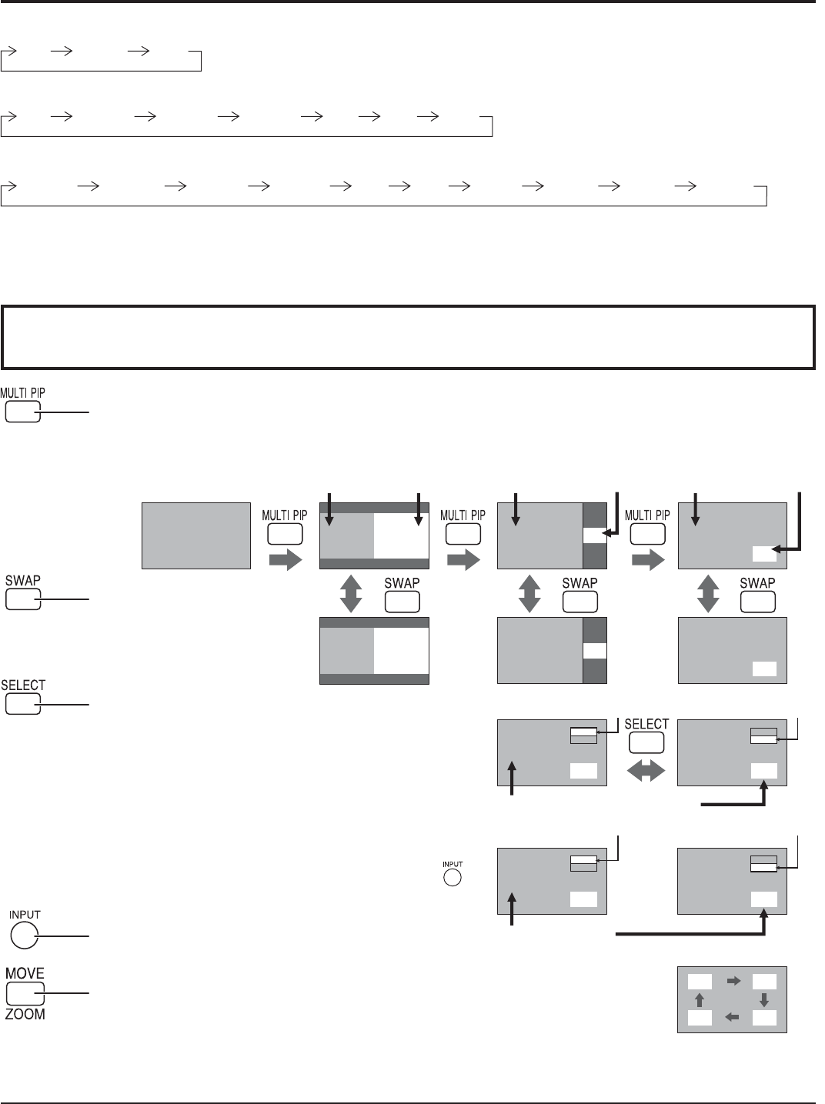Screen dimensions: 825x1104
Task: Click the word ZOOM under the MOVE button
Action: click(x=25, y=1013)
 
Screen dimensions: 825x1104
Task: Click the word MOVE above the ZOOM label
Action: click(x=25, y=974)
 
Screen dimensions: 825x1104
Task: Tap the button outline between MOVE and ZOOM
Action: click(x=25, y=993)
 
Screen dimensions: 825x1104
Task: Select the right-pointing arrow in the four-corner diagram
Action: click(x=734, y=981)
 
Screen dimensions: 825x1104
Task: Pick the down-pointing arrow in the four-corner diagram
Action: click(x=764, y=1000)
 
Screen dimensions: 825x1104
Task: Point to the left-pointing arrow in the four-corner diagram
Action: click(x=732, y=1018)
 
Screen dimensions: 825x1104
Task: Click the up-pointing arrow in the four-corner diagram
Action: click(x=700, y=1000)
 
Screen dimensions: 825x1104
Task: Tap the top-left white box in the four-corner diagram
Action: click(x=700, y=981)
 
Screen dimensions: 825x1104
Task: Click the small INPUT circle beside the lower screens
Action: click(x=453, y=877)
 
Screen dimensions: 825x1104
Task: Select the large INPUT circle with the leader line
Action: click(x=24, y=936)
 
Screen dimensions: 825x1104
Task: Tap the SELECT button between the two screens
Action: click(x=646, y=742)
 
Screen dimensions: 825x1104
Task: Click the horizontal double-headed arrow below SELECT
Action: click(x=646, y=771)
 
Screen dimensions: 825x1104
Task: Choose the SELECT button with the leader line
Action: click(x=22, y=704)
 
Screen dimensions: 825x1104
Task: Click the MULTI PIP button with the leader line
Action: click(x=22, y=412)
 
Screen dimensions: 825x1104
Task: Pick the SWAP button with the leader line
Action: click(x=22, y=599)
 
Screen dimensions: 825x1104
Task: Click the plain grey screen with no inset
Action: click(x=196, y=535)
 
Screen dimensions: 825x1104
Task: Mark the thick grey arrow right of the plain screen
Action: click(x=286, y=560)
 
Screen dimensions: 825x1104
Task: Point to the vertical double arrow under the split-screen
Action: click(x=351, y=593)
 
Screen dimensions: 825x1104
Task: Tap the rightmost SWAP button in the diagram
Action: click(x=757, y=602)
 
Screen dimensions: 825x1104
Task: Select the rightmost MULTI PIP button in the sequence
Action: click(x=647, y=534)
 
